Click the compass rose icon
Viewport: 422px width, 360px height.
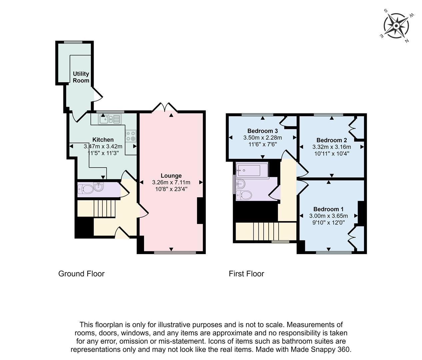396,26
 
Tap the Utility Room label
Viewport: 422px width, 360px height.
81,77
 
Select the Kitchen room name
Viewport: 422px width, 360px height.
103,140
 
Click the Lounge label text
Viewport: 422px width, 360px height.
171,176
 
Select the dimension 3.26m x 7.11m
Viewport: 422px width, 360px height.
171,182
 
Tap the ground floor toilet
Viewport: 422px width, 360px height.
85,189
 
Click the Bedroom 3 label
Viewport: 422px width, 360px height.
262,131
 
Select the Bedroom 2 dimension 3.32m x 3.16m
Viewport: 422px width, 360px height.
331,147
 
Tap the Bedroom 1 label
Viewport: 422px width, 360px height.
328,209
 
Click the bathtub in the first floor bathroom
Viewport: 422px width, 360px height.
252,170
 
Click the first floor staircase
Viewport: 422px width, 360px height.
266,231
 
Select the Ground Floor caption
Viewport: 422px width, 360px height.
81,274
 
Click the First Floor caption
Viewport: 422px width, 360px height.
246,274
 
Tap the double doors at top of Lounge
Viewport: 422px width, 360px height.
164,107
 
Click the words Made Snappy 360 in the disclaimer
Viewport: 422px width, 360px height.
320,350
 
